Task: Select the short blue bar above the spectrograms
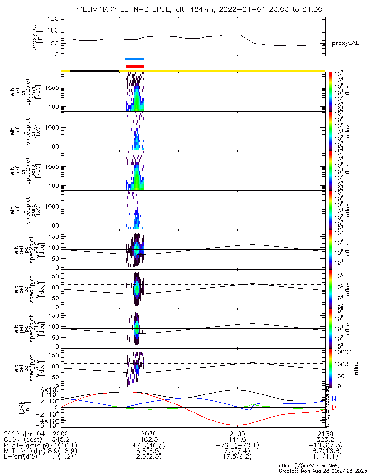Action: coord(135,59)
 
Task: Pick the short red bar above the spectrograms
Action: coord(135,66)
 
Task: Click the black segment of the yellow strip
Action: coord(94,70)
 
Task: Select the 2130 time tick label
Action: coord(325,433)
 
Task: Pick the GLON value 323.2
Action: coord(325,439)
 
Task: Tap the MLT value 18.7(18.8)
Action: coord(325,451)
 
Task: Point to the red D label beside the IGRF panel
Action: coord(334,407)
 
